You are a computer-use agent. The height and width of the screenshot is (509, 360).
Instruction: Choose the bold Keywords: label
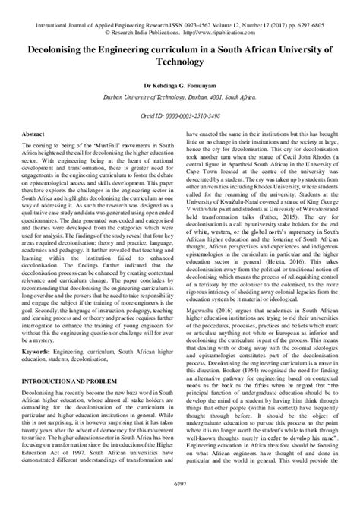click(x=37, y=353)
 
